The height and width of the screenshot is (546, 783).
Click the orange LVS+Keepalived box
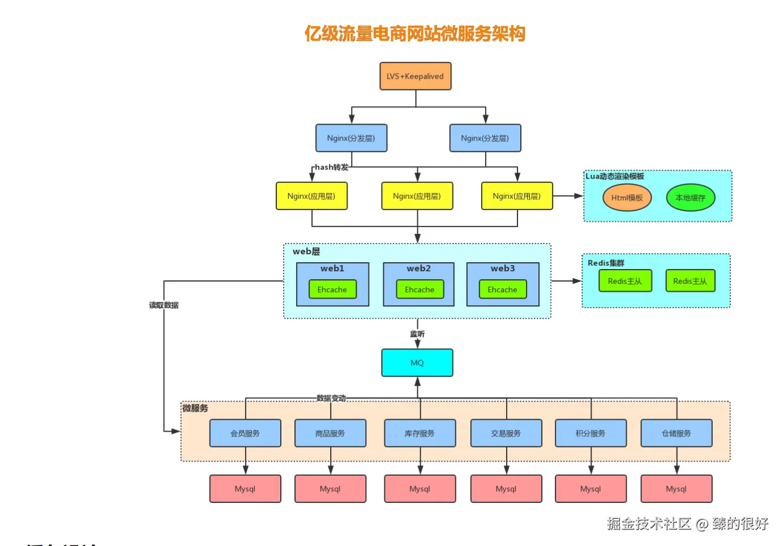pyautogui.click(x=415, y=76)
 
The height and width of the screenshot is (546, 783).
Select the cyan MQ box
pyautogui.click(x=417, y=363)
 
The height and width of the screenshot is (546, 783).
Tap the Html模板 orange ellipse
pyautogui.click(x=627, y=198)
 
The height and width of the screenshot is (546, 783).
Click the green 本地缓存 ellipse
pyautogui.click(x=690, y=198)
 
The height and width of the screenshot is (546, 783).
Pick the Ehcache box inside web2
pyautogui.click(x=420, y=289)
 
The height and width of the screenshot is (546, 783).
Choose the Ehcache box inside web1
pyautogui.click(x=332, y=289)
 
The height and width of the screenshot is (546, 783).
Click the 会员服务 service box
pyautogui.click(x=245, y=433)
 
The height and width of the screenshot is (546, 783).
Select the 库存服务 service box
pyautogui.click(x=420, y=433)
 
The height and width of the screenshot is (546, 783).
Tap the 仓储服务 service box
pyautogui.click(x=676, y=433)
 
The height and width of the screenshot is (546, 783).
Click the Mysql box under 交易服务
pyautogui.click(x=506, y=489)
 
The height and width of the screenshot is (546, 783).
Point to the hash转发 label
pyautogui.click(x=331, y=167)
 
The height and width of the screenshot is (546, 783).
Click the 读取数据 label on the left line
pyautogui.click(x=164, y=305)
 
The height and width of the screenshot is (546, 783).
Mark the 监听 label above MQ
pyautogui.click(x=417, y=334)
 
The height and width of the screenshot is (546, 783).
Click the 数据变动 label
pyautogui.click(x=331, y=398)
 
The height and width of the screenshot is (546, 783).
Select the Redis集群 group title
pyautogui.click(x=606, y=263)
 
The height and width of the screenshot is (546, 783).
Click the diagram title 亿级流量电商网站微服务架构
pyautogui.click(x=415, y=33)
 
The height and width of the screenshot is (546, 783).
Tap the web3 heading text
pyautogui.click(x=503, y=268)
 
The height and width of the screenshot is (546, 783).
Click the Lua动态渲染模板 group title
pyautogui.click(x=614, y=176)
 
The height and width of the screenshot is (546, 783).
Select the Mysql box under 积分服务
pyautogui.click(x=591, y=489)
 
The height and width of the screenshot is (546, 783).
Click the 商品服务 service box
pyautogui.click(x=330, y=433)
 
